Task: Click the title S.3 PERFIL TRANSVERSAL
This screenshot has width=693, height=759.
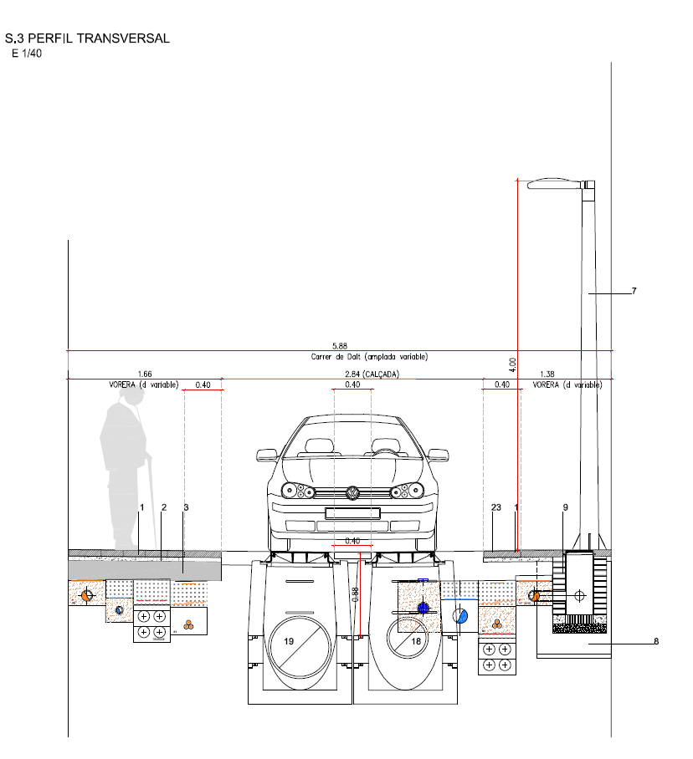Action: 87,38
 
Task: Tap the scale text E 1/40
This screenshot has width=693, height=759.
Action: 27,53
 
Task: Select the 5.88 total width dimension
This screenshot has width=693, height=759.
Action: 340,346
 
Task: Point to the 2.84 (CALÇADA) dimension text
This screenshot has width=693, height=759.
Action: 372,374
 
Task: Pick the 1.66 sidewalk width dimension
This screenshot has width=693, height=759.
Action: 145,374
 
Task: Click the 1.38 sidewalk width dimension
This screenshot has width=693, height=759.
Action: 547,374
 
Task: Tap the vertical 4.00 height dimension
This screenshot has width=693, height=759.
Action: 513,364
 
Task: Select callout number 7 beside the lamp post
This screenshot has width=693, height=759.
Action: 634,291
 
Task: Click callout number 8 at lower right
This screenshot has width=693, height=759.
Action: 656,641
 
